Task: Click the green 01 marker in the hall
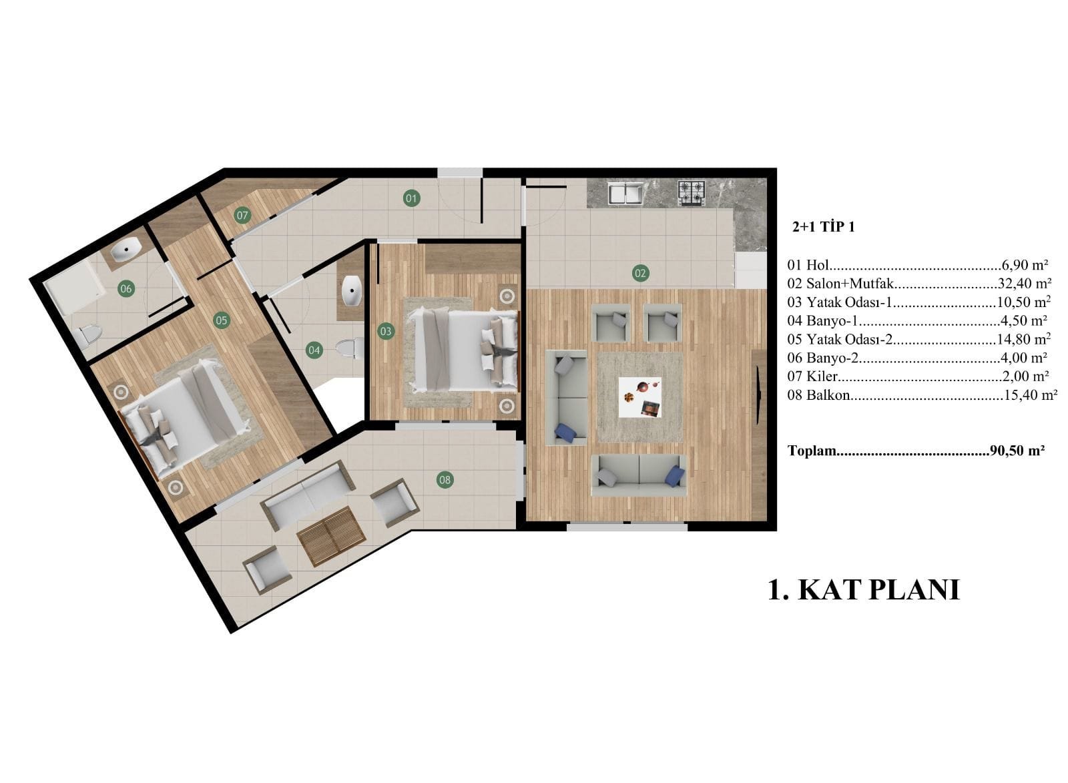click(x=411, y=198)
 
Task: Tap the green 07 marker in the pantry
click(x=242, y=216)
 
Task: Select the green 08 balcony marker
click(x=445, y=480)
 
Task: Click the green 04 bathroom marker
click(x=314, y=350)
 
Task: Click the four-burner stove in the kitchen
click(x=692, y=193)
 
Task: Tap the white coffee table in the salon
click(x=640, y=398)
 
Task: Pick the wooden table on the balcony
click(x=331, y=537)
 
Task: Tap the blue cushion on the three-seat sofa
click(x=675, y=475)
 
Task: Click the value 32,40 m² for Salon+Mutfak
click(x=1025, y=284)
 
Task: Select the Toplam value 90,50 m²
click(x=1017, y=451)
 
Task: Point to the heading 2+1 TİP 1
click(x=824, y=227)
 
